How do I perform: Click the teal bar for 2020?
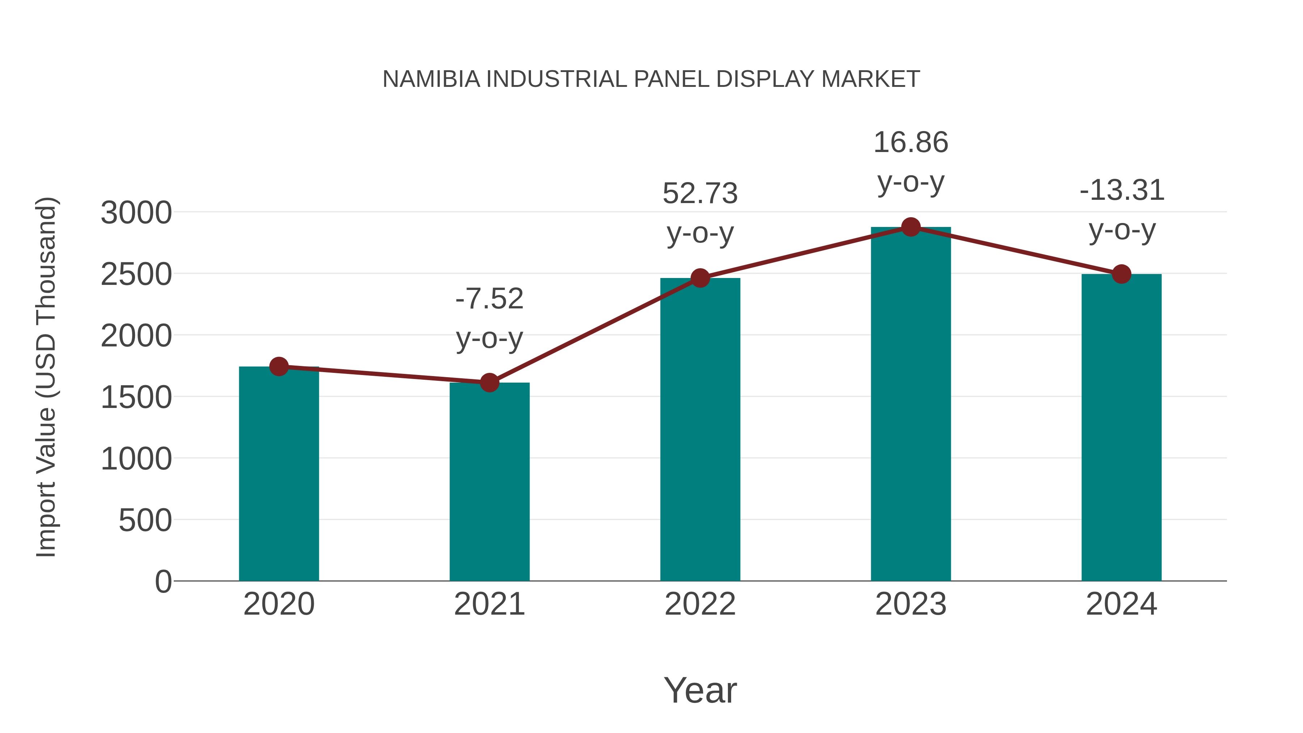point(279,476)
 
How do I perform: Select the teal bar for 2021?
point(489,483)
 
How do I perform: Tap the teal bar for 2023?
point(911,405)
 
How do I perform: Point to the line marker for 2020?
point(279,366)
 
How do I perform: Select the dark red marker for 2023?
point(911,227)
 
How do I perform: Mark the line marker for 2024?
point(1121,274)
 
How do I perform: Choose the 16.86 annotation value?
point(911,143)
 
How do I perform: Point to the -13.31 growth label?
point(1121,191)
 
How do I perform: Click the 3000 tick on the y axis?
point(136,213)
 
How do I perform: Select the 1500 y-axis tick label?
point(136,397)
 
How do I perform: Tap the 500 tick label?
point(145,521)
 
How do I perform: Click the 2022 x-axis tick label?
point(700,604)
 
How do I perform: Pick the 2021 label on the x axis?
point(489,604)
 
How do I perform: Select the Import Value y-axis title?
point(46,377)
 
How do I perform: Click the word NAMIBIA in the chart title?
point(431,79)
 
